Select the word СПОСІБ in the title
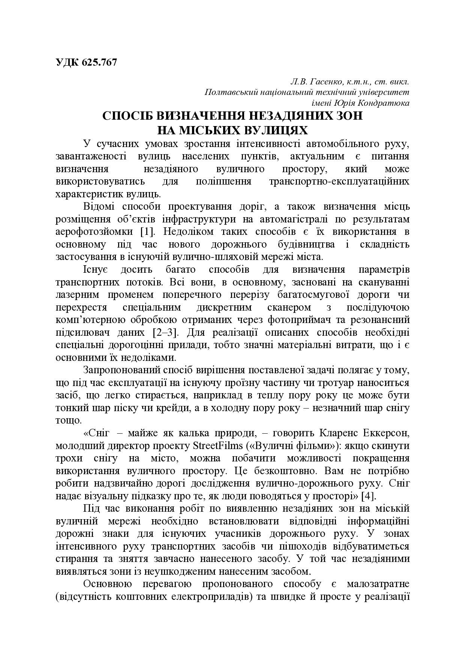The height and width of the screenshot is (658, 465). pyautogui.click(x=126, y=116)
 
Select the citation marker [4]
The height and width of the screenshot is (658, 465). pyautogui.click(x=368, y=496)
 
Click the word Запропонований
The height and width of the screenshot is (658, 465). pyautogui.click(x=125, y=370)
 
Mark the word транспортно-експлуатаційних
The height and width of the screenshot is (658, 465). pyautogui.click(x=339, y=182)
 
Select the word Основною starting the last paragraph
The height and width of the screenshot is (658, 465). pyautogui.click(x=107, y=584)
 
